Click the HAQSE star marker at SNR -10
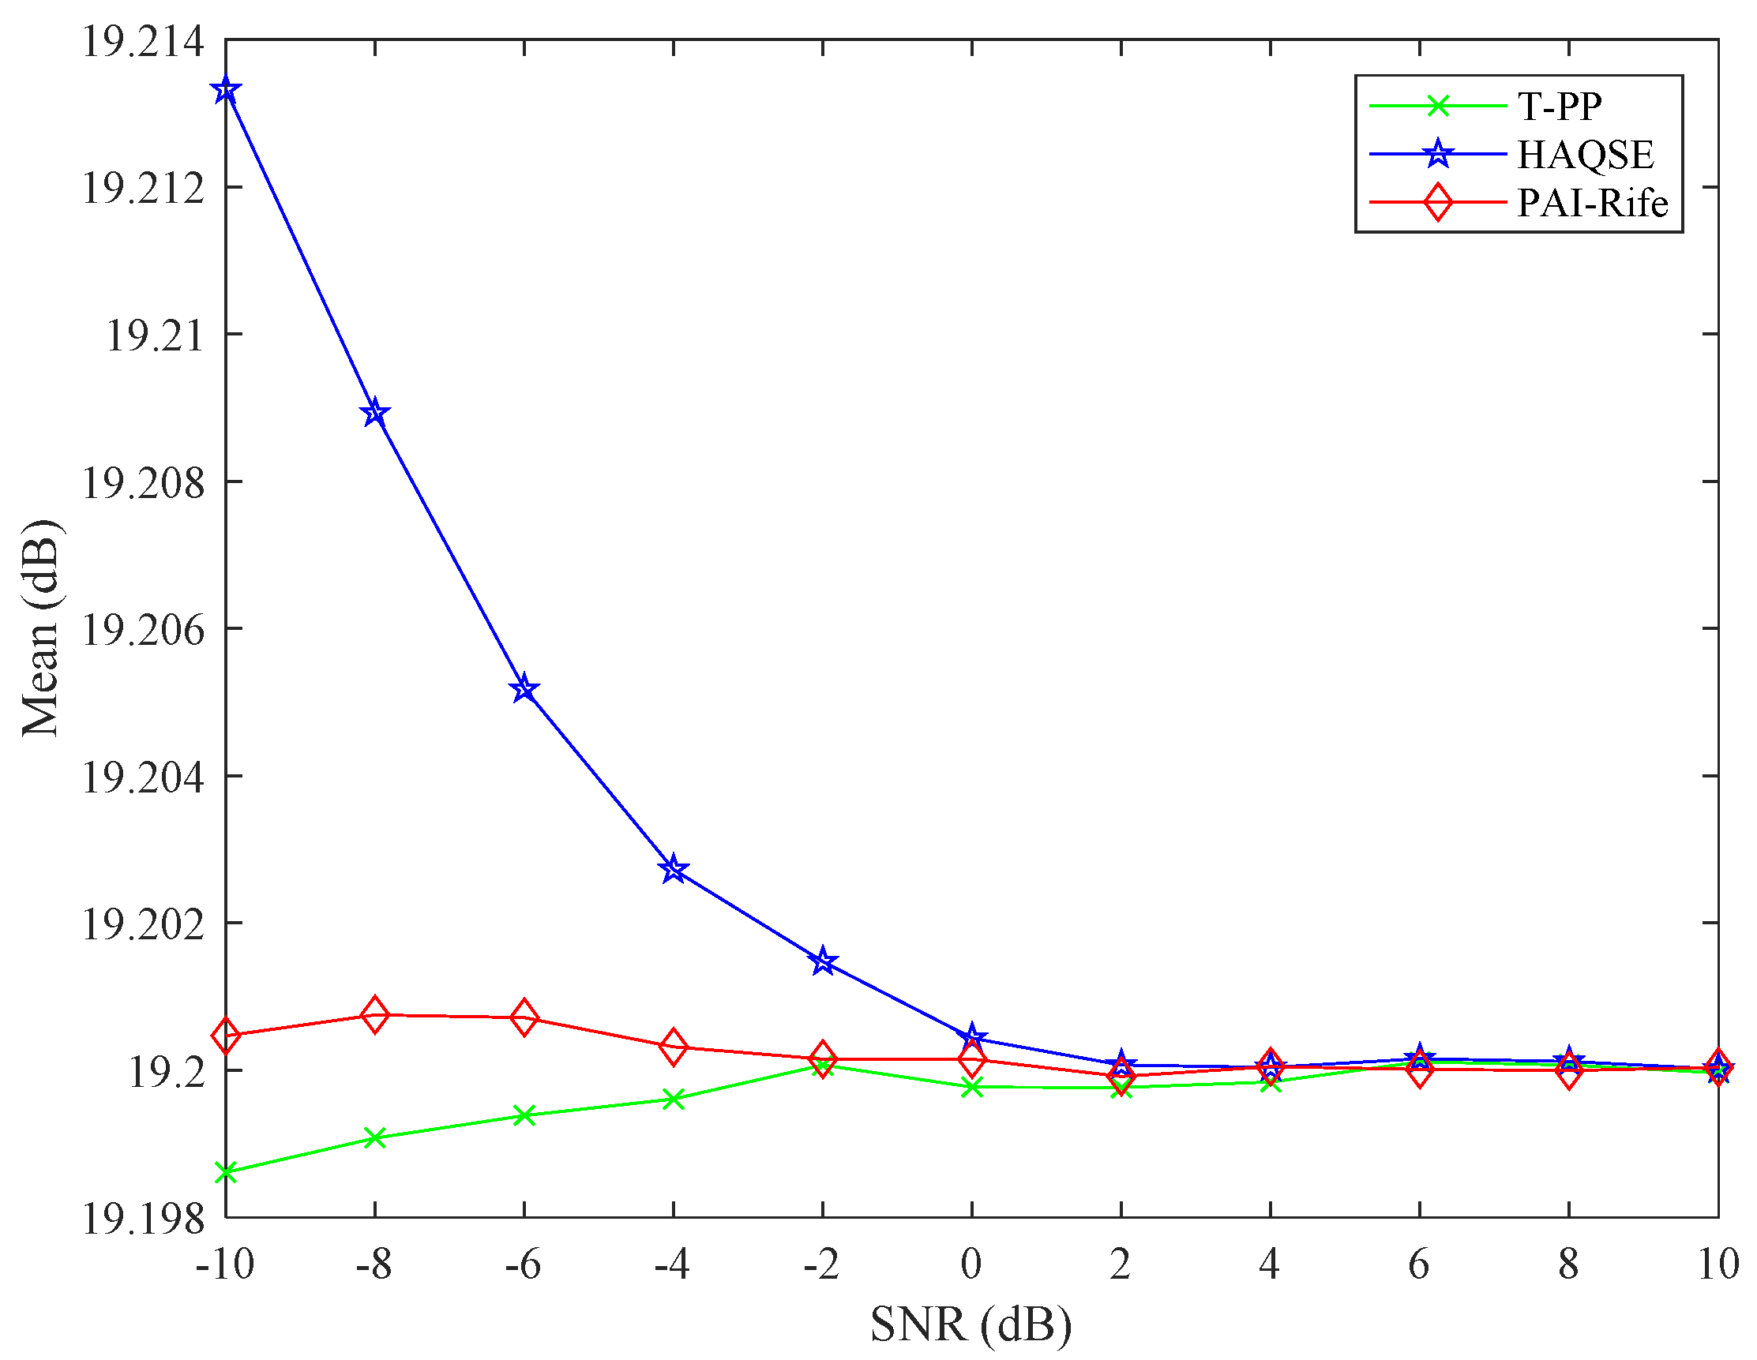coord(226,90)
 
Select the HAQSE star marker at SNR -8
coord(375,414)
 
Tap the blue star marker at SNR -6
coord(524,689)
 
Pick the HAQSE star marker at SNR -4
coord(674,869)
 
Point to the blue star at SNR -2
coord(822,961)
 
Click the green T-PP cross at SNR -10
coord(226,1172)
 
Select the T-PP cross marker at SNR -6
coord(524,1115)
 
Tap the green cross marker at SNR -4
coord(674,1099)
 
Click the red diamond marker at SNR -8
coord(375,1015)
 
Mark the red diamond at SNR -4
coord(674,1047)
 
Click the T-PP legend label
coord(1559,106)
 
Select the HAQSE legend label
coord(1585,155)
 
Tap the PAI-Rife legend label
coord(1592,203)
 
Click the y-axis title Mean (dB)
coord(41,628)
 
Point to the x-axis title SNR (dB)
coord(971,1324)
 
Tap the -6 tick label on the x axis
coord(523,1265)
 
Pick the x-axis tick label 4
coord(1270,1265)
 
